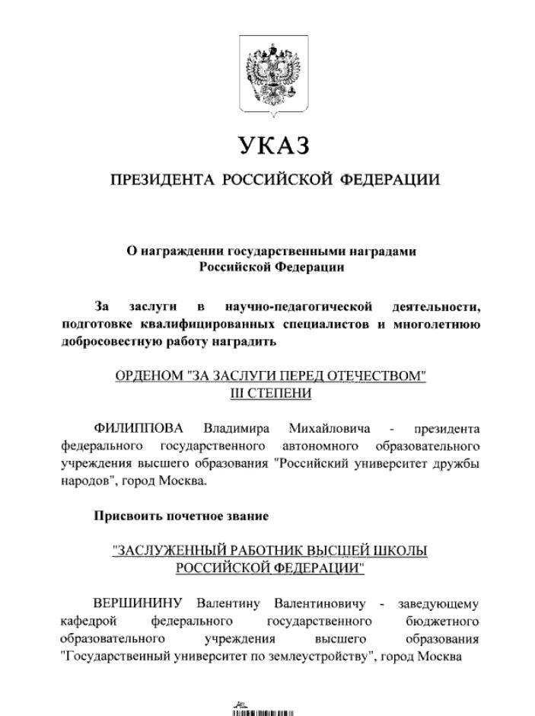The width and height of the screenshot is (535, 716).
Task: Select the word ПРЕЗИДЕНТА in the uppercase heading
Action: [162, 181]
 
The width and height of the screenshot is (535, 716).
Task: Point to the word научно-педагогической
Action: [298, 307]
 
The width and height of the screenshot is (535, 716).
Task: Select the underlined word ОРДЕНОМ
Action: [148, 376]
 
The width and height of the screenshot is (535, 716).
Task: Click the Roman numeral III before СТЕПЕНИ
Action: [240, 393]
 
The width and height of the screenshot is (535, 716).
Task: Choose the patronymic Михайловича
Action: [330, 428]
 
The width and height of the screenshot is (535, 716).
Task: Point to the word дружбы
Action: [458, 462]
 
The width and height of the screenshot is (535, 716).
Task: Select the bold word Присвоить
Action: [126, 516]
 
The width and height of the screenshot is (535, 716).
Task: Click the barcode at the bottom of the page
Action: [263, 711]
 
